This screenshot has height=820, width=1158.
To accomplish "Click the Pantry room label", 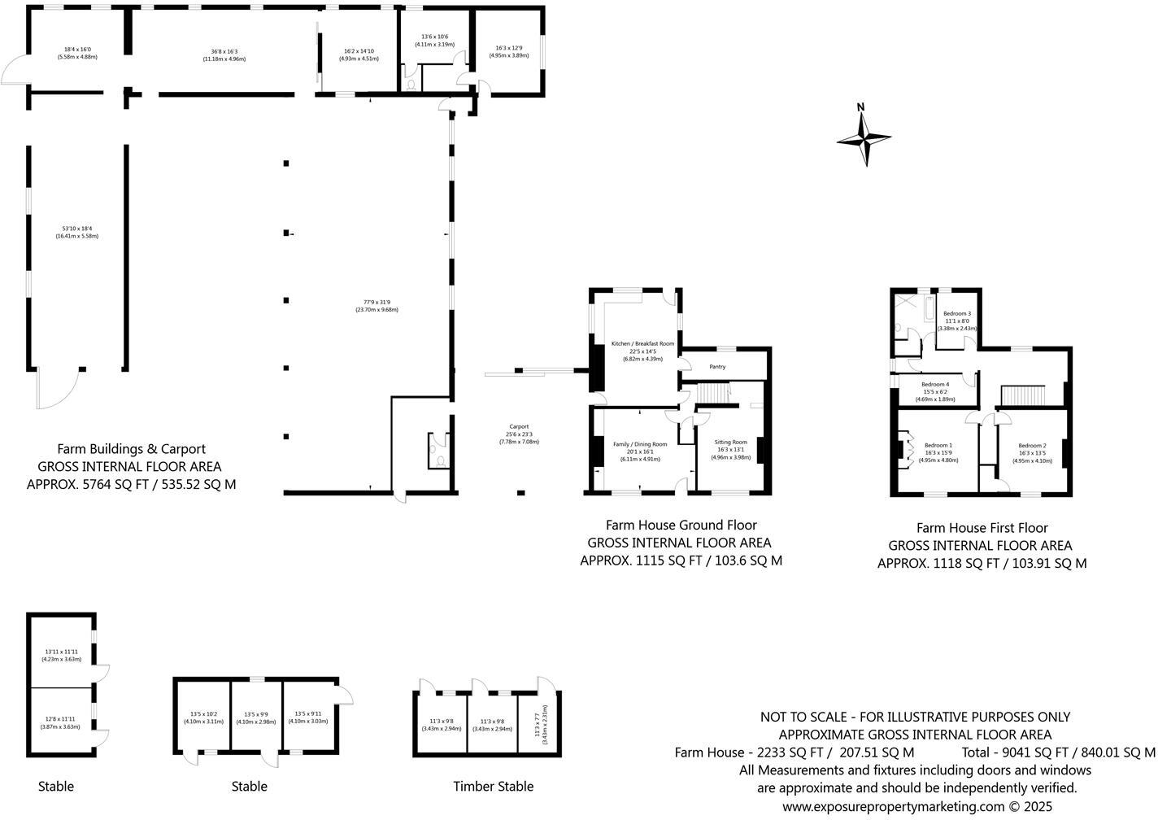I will (x=716, y=367).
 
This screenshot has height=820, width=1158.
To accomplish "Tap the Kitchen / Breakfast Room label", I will (x=642, y=344).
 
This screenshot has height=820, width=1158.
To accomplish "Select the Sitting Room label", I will (x=729, y=442).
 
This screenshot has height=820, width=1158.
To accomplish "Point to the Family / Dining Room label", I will (x=640, y=444).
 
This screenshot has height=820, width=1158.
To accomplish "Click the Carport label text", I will (x=519, y=427).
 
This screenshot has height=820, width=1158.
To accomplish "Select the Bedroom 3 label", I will (x=957, y=314).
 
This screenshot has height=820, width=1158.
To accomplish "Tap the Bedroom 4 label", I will (x=935, y=385).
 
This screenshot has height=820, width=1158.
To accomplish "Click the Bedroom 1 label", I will (x=938, y=446).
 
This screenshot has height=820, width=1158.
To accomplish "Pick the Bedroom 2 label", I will (x=1032, y=446).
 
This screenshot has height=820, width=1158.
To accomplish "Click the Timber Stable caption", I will (x=493, y=786).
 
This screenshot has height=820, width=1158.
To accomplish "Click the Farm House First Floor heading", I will (x=982, y=528).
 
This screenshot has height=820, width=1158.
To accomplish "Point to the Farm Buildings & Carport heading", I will (x=131, y=449).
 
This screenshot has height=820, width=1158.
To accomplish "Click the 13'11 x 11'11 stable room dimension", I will (x=61, y=652).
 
